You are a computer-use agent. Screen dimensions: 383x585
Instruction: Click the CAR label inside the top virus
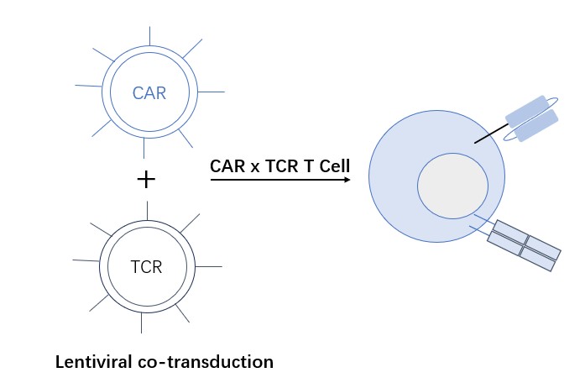click(x=149, y=93)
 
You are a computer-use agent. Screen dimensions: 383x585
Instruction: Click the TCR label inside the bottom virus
click(x=146, y=268)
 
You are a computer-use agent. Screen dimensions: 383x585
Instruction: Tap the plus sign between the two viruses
click(x=146, y=180)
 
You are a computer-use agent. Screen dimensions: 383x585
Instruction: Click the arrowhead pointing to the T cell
click(x=346, y=180)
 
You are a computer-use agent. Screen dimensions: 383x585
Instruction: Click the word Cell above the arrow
click(x=333, y=166)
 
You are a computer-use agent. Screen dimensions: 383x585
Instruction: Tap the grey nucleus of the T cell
click(x=452, y=184)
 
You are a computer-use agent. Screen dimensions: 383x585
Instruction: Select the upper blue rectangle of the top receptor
click(x=526, y=108)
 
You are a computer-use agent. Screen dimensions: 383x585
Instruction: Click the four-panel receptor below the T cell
click(x=525, y=245)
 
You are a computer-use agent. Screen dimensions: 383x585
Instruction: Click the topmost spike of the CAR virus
click(x=149, y=35)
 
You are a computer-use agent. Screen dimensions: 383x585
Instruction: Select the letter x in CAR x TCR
click(x=253, y=167)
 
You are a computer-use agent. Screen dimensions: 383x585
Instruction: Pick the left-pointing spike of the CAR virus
click(x=87, y=86)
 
